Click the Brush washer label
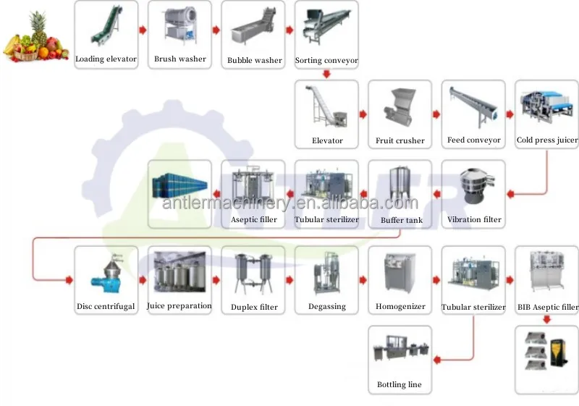click(x=179, y=59)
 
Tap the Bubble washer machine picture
click(x=253, y=29)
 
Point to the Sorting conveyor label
click(x=326, y=61)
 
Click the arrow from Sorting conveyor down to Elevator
click(x=326, y=74)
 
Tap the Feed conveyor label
click(x=473, y=140)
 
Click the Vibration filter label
click(x=474, y=219)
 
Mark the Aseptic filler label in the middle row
click(x=253, y=219)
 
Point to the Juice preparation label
click(x=179, y=306)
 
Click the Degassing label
click(x=326, y=307)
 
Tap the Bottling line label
click(x=400, y=384)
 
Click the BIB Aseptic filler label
click(x=548, y=307)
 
